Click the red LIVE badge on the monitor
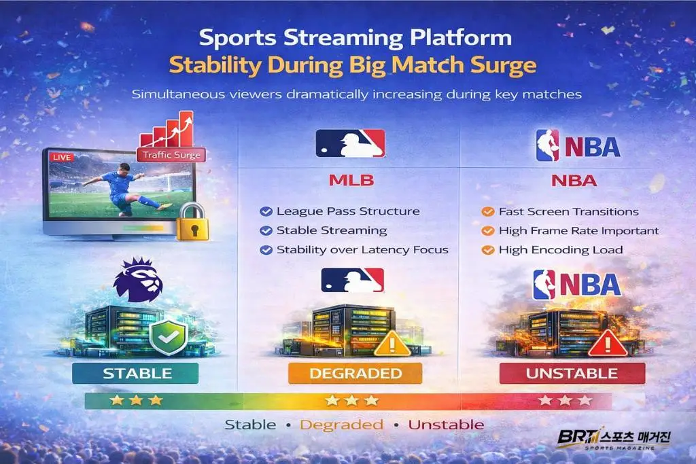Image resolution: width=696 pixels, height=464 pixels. (x=62, y=157)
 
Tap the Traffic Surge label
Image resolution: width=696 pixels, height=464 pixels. (x=171, y=155)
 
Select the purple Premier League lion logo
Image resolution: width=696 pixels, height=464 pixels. (x=137, y=279)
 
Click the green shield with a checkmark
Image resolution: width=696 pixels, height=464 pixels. (x=168, y=338)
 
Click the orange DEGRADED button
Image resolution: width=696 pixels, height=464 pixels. (x=355, y=373)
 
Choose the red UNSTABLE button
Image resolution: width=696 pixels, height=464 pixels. (x=572, y=373)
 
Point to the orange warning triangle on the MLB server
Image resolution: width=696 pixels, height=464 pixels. (x=392, y=344)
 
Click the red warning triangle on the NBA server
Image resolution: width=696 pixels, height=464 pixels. (x=608, y=344)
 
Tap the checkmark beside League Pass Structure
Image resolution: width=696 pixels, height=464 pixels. (x=266, y=211)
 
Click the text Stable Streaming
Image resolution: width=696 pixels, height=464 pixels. (x=332, y=231)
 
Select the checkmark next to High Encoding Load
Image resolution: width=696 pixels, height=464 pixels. (x=488, y=250)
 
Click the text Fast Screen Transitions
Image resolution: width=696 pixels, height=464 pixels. (x=569, y=211)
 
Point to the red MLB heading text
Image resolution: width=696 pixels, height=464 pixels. (x=351, y=181)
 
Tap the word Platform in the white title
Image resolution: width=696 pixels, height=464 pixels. (x=461, y=38)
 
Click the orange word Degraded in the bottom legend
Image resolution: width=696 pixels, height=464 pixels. (x=341, y=425)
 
